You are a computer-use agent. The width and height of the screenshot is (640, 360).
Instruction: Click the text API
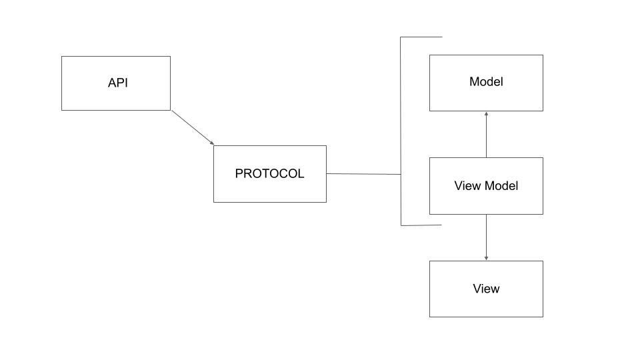(x=118, y=83)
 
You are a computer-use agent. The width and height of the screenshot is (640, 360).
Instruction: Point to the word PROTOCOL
(x=269, y=174)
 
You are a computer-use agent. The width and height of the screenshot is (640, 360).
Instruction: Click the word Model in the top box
(x=486, y=82)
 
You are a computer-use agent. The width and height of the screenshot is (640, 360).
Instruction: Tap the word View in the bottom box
(x=486, y=289)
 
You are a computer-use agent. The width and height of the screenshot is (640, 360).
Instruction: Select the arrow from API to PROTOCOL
(x=192, y=127)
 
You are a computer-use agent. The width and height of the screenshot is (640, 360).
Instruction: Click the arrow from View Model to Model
(x=486, y=135)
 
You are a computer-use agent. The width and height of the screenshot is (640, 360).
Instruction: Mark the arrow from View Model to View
(x=486, y=237)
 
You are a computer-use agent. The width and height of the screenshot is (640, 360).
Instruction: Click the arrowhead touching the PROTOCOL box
(x=211, y=143)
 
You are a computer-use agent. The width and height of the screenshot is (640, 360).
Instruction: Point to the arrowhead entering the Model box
(x=486, y=114)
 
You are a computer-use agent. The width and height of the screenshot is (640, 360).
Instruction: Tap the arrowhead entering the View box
(x=486, y=258)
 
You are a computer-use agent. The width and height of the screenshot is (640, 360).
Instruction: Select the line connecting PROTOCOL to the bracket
(x=363, y=174)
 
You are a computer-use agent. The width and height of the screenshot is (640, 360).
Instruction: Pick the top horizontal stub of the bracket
(x=421, y=37)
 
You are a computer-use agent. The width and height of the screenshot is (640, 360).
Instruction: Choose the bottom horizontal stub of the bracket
(x=421, y=225)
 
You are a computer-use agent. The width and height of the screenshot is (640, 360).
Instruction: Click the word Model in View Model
(x=501, y=186)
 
